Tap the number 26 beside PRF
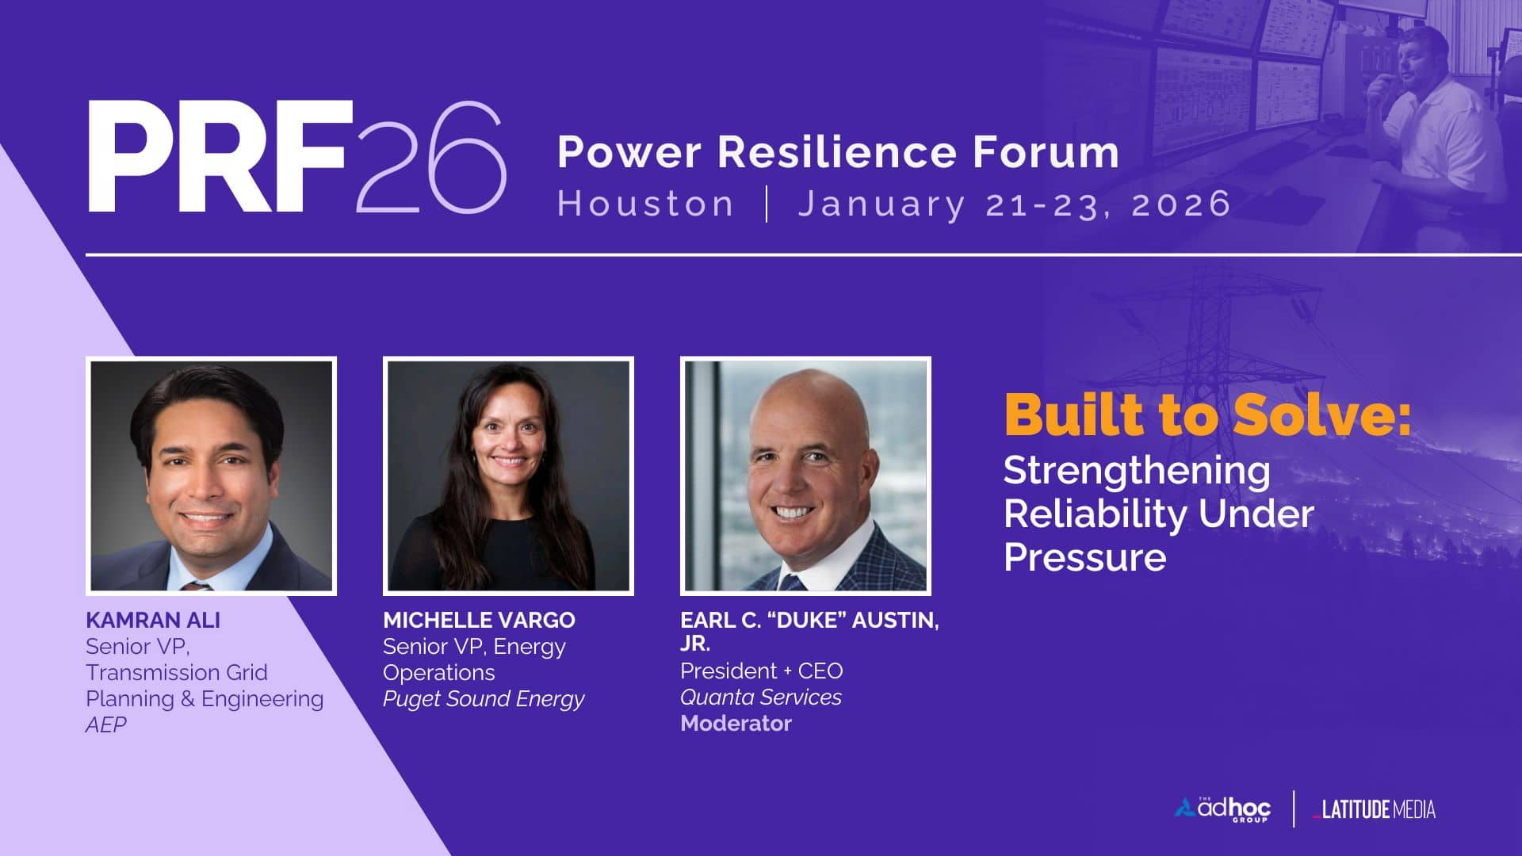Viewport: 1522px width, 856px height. coord(431,157)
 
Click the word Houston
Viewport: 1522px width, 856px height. coord(645,204)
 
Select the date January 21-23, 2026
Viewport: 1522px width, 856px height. coord(1014,204)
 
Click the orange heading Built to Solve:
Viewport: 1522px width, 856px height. coord(1207,414)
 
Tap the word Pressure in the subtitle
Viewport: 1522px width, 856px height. coord(1084,556)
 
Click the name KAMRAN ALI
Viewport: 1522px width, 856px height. coord(153,620)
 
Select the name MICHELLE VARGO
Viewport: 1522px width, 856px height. coord(479,620)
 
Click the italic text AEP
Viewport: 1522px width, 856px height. coord(106,724)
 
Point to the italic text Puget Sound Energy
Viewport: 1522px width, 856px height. coord(484,699)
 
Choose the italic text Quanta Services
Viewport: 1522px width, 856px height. coord(761,697)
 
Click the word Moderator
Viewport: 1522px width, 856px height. coord(736,723)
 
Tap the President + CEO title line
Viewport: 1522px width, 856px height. coord(762,671)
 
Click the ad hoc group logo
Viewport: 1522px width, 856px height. coord(1222,809)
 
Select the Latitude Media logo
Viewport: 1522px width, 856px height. coord(1374,809)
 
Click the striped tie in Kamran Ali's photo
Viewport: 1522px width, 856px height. coord(196,587)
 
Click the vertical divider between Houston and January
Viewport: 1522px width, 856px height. coord(767,204)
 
